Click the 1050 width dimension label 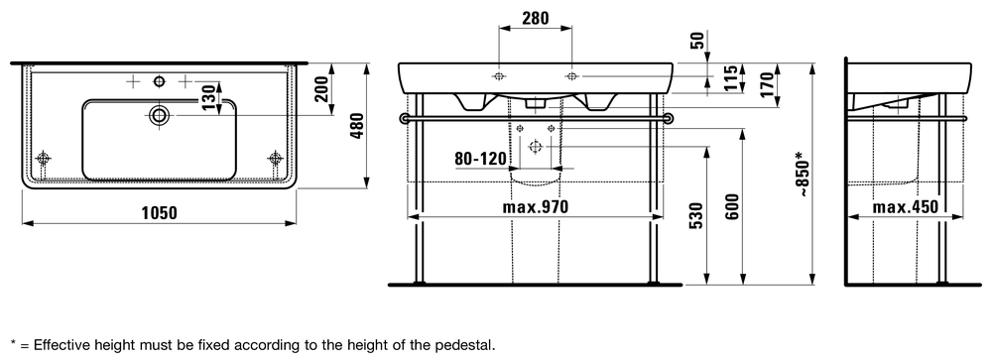pyautogui.click(x=159, y=213)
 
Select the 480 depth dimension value pyautogui.click(x=357, y=126)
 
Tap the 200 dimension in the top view pyautogui.click(x=322, y=88)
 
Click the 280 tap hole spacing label pyautogui.click(x=536, y=19)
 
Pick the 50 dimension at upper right pyautogui.click(x=698, y=42)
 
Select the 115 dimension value pyautogui.click(x=731, y=78)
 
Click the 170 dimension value pyautogui.click(x=767, y=83)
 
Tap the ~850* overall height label pyautogui.click(x=803, y=174)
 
